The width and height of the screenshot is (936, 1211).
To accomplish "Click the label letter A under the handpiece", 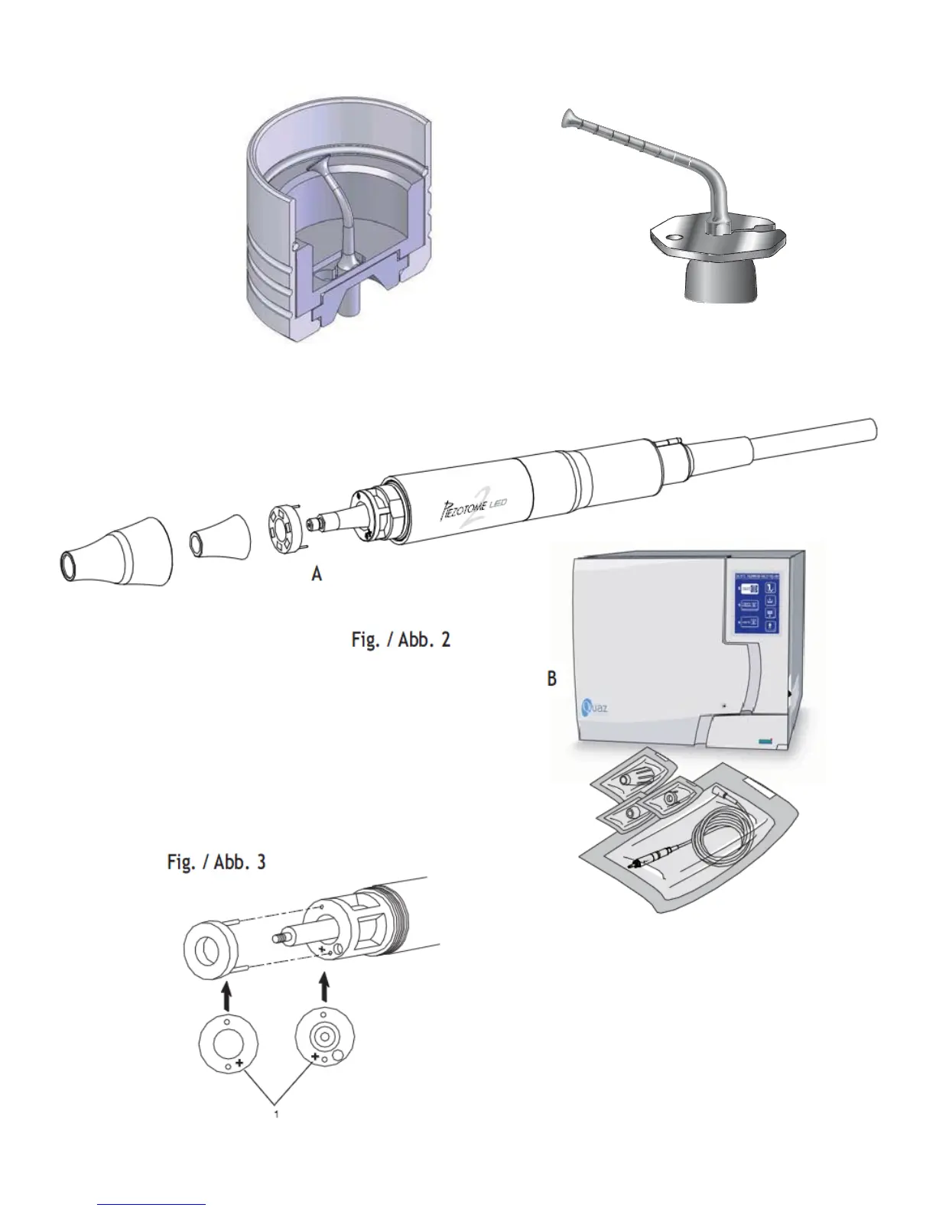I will [317, 573].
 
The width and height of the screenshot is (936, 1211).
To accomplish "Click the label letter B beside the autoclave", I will [552, 678].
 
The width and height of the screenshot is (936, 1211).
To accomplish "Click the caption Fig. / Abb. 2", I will [401, 639].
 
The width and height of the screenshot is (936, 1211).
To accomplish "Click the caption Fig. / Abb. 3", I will [216, 862].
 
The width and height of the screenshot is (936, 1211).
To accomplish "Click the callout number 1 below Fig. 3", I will [277, 1114].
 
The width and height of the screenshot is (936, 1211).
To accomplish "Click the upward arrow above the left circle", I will [226, 995].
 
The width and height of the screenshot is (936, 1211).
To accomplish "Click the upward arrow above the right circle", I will [325, 986].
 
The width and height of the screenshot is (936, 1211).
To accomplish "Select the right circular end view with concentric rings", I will [325, 1038].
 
